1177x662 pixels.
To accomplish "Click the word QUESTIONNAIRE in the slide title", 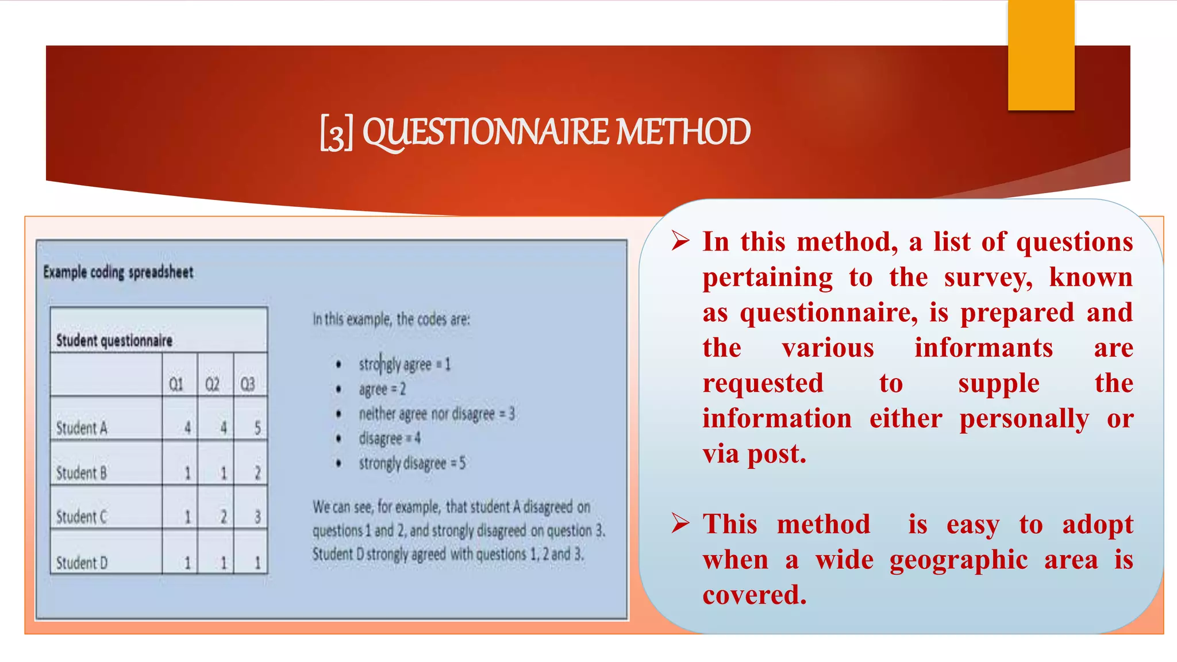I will coord(486,132).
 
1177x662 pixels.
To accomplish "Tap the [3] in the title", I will coord(336,133).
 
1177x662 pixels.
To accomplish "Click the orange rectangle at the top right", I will coord(1041,55).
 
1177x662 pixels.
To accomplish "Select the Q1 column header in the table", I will coord(176,384).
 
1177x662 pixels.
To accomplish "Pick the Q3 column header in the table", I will coord(248,384).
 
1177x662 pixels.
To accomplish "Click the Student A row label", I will coord(82,428).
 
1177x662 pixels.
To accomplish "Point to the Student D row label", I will coord(82,563).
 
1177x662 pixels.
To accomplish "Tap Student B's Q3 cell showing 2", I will coord(257,473).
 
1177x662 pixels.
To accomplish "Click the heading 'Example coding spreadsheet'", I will coord(118,272).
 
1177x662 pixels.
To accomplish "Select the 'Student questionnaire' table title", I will coord(114,340).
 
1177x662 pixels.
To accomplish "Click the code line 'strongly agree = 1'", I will coord(404,364).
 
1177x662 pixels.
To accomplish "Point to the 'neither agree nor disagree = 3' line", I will coord(437,414).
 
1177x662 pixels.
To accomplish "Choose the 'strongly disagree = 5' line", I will coord(412,463).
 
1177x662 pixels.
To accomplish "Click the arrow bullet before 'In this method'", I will coord(680,241).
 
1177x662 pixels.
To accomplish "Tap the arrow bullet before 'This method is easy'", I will coord(680,523).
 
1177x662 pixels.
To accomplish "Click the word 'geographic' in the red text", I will coord(959,560).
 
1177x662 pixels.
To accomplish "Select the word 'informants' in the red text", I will coord(983,348).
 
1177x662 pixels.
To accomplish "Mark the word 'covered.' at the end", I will coord(754,595).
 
